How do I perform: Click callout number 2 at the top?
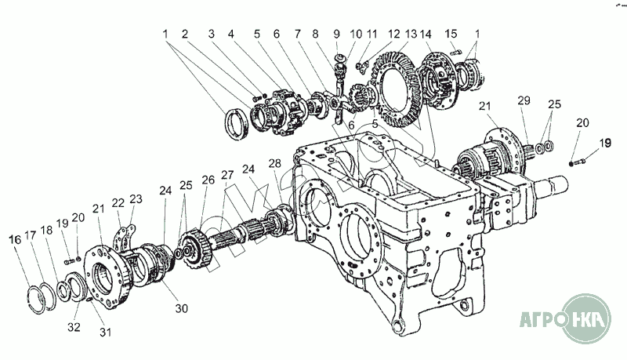pyautogui.click(x=185, y=35)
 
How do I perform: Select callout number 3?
pyautogui.click(x=211, y=35)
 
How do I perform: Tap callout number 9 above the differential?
pyautogui.click(x=336, y=35)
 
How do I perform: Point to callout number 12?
pyautogui.click(x=393, y=35)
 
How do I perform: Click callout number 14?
pyautogui.click(x=426, y=35)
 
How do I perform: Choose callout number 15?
pyautogui.click(x=451, y=35)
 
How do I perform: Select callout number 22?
pyautogui.click(x=118, y=203)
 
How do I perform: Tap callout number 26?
pyautogui.click(x=208, y=180)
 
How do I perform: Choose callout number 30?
pyautogui.click(x=182, y=308)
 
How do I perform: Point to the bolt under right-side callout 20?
pyautogui.click(x=578, y=162)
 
